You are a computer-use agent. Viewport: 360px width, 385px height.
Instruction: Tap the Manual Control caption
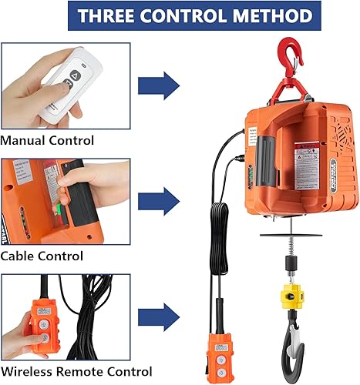pyautogui.click(x=48, y=140)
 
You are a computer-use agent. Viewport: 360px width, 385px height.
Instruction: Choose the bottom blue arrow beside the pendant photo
pyautogui.click(x=160, y=316)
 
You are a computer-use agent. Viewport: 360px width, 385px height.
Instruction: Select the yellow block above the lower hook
pyautogui.click(x=294, y=295)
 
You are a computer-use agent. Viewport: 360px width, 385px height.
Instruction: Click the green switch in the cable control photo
pyautogui.click(x=59, y=206)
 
